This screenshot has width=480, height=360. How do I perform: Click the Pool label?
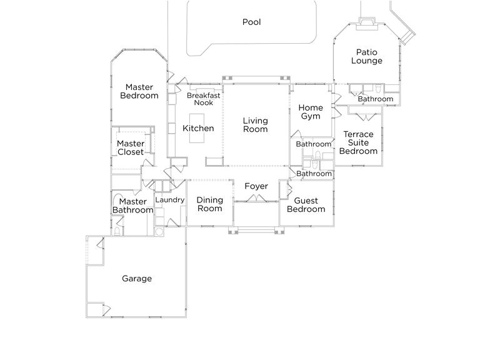coord(251,22)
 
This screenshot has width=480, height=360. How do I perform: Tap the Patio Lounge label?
coord(366,57)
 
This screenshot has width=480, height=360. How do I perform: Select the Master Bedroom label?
coord(139,91)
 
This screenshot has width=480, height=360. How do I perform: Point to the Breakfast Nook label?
coord(203,99)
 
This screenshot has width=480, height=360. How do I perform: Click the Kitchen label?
coord(198,129)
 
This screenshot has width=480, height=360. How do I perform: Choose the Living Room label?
coord(255,125)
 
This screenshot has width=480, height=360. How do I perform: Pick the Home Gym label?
coord(311,112)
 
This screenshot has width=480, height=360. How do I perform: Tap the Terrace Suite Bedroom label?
coord(358,142)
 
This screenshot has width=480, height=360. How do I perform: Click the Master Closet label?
coord(131,147)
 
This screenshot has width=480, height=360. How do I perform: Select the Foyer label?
coord(256,186)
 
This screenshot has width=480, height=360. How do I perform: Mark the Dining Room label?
coord(210,204)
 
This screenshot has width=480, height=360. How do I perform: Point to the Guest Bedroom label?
coord(306,205)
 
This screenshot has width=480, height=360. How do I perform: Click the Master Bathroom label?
coord(132,206)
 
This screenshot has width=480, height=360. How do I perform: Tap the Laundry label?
coord(169,200)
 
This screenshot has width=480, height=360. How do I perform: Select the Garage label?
coord(137,279)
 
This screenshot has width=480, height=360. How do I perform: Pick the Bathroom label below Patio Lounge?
coord(376,99)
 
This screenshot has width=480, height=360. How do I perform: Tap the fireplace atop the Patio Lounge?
coord(366,24)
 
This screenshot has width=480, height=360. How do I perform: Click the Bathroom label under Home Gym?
coord(314,144)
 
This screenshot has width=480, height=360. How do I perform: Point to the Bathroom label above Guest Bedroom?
coord(314,174)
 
